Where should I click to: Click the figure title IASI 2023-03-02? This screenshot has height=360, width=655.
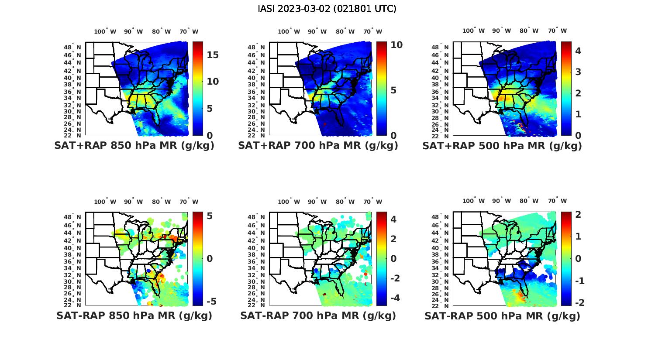coord(327,8)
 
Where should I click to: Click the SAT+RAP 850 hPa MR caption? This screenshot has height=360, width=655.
coord(134,146)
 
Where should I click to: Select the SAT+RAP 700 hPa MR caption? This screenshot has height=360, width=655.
coord(318,146)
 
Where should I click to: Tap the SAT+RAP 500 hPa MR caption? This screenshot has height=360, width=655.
coord(502,146)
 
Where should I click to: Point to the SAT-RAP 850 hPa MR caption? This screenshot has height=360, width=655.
coord(134,315)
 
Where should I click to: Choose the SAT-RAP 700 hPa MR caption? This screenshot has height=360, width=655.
coord(318,315)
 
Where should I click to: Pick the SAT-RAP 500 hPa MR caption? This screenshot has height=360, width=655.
coord(502,315)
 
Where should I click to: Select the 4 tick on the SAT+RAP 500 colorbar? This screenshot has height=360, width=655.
coord(578,51)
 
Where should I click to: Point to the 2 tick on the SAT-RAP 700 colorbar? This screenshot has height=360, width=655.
coord(393,239)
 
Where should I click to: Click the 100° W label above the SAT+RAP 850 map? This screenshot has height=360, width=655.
coord(105,31)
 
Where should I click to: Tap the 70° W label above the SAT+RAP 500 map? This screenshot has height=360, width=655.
coord(557,31)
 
